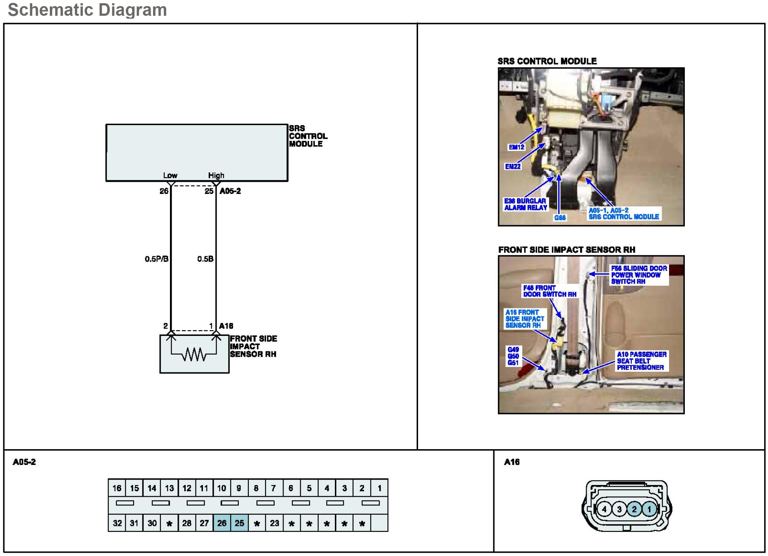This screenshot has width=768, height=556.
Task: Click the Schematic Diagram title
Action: pos(87,10)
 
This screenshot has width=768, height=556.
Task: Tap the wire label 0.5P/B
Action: pos(156,259)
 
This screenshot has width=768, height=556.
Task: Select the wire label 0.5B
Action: pos(205,259)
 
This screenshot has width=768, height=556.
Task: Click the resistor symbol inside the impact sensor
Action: pos(194,355)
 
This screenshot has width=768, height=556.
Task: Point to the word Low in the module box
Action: pos(170,175)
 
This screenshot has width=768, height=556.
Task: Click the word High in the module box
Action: pos(216,175)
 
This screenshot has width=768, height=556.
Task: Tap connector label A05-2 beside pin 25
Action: pos(230,191)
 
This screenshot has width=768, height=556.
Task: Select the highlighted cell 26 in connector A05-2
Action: pos(222,523)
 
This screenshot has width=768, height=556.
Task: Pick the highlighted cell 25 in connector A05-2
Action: pos(239,523)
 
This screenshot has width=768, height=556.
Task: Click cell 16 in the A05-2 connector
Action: pos(117,488)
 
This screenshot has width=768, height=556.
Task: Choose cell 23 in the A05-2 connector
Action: pos(274,523)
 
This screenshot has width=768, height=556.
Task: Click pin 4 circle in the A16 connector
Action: pos(604,509)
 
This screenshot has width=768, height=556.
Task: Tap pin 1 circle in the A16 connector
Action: pos(649,509)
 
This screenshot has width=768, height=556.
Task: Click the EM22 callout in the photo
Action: pos(512,166)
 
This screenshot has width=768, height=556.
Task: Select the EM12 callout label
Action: pos(516,147)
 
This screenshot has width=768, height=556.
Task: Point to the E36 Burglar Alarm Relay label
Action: pos(525,204)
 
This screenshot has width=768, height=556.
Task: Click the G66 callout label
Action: pos(560,218)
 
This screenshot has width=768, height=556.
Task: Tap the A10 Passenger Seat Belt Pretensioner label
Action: pos(641,361)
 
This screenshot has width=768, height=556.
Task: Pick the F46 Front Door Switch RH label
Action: pos(549,291)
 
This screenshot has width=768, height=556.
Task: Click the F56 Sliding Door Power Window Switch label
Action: pos(639,275)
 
